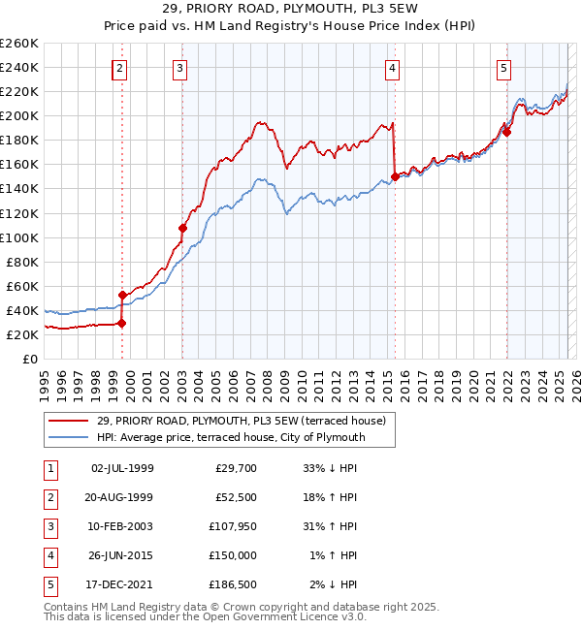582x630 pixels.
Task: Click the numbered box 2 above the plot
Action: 118,68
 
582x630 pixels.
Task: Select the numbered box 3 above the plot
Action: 180,68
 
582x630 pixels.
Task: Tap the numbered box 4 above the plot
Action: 392,68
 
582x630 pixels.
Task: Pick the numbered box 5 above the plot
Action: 505,68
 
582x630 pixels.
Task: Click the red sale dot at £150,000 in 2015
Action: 395,176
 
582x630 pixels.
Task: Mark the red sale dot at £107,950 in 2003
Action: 182,228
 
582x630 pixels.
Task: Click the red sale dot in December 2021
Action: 506,133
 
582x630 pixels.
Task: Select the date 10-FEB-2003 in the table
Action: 121,526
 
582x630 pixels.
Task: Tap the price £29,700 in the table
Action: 234,468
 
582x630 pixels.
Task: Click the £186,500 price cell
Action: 234,584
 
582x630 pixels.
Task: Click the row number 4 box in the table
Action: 48,555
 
